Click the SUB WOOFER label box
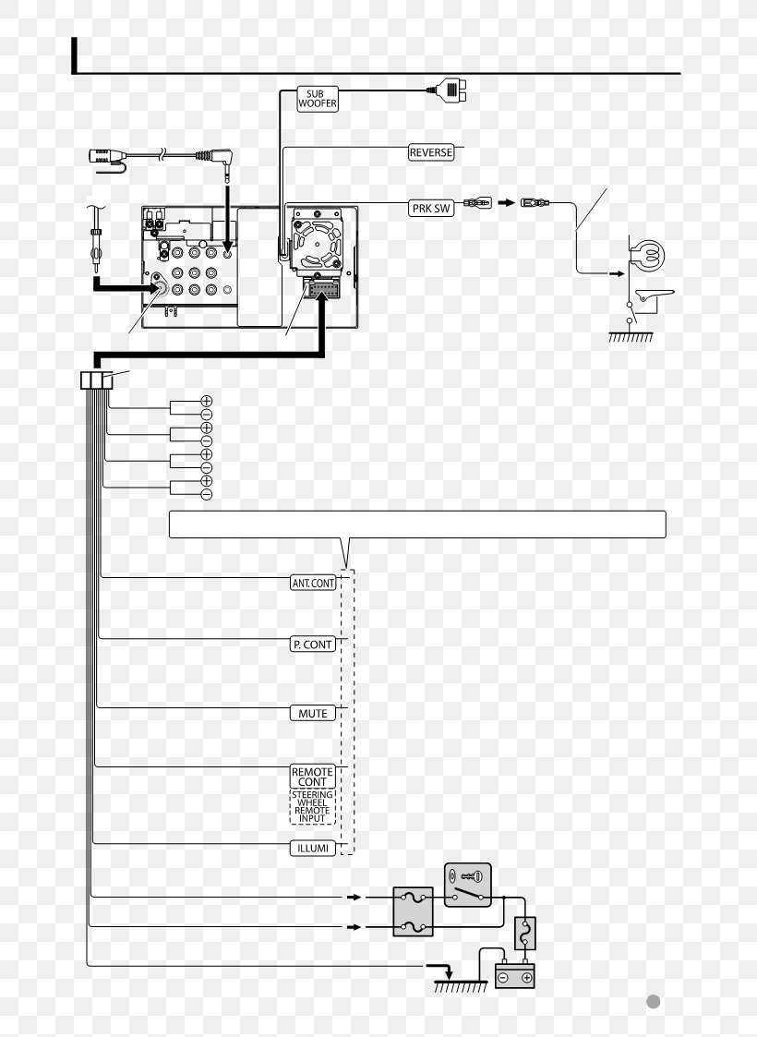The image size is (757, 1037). (317, 99)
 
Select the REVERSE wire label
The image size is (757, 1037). (431, 152)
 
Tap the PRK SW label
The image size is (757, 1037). (431, 209)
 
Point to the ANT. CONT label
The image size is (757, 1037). (313, 584)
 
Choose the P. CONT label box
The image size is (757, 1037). (313, 645)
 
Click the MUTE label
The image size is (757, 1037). (313, 714)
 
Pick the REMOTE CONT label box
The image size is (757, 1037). (313, 777)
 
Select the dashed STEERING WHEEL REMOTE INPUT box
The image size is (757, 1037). (313, 806)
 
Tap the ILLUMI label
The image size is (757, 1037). (313, 848)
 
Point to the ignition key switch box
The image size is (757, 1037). (468, 885)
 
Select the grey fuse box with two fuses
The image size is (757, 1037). (414, 911)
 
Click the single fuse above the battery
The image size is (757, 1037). (523, 934)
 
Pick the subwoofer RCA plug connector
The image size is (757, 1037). (449, 90)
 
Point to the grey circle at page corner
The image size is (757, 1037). (653, 1002)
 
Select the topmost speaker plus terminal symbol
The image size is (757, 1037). (207, 401)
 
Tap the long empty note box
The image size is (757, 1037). (416, 524)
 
